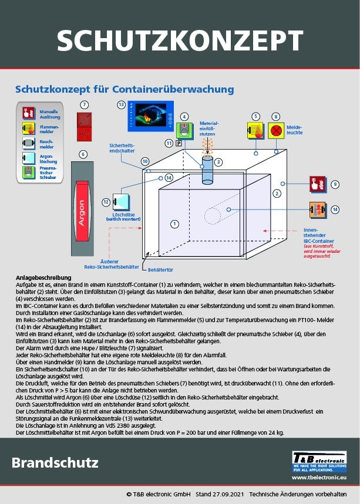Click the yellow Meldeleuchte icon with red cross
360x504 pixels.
pyautogui.click(x=276, y=130)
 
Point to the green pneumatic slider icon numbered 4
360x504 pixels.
pyautogui.click(x=184, y=130)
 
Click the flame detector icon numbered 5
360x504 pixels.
pyautogui.click(x=255, y=130)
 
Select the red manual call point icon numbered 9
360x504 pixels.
pyautogui.click(x=317, y=184)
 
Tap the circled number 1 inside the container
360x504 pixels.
pyautogui.click(x=174, y=224)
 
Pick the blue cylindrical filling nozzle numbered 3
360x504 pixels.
pyautogui.click(x=207, y=170)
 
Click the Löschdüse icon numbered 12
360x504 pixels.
pyautogui.click(x=122, y=201)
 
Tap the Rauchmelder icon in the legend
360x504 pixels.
pyautogui.click(x=29, y=143)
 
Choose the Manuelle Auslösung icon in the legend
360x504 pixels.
pyautogui.click(x=29, y=112)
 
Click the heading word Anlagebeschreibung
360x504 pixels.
pyautogui.click(x=43, y=278)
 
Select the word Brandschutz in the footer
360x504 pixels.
pyautogui.click(x=55, y=462)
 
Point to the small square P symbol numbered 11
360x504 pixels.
pyautogui.click(x=178, y=143)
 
